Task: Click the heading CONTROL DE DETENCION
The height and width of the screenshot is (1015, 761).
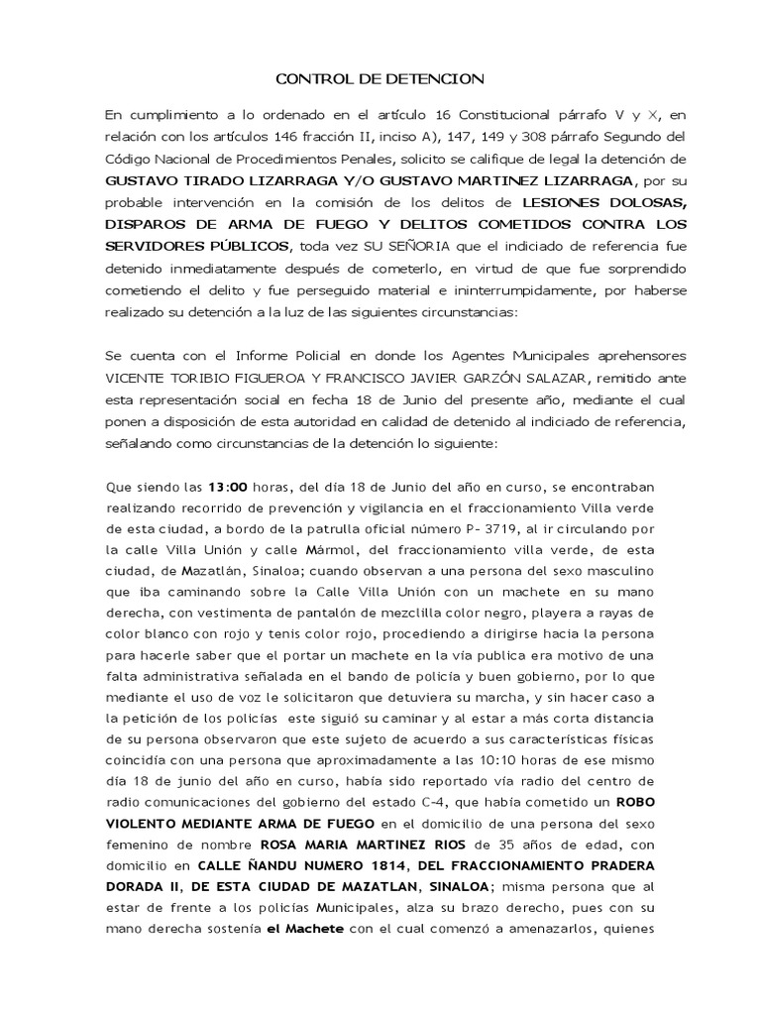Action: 380,78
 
